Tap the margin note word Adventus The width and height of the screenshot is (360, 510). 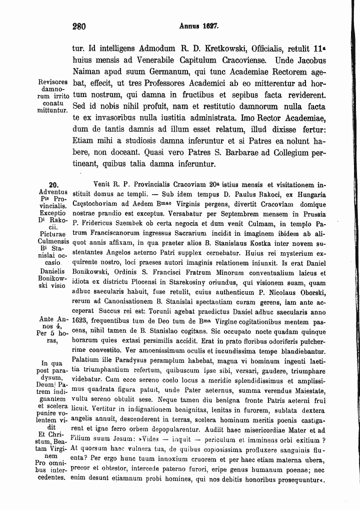(x=53, y=193)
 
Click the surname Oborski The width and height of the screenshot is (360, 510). (x=307, y=291)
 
